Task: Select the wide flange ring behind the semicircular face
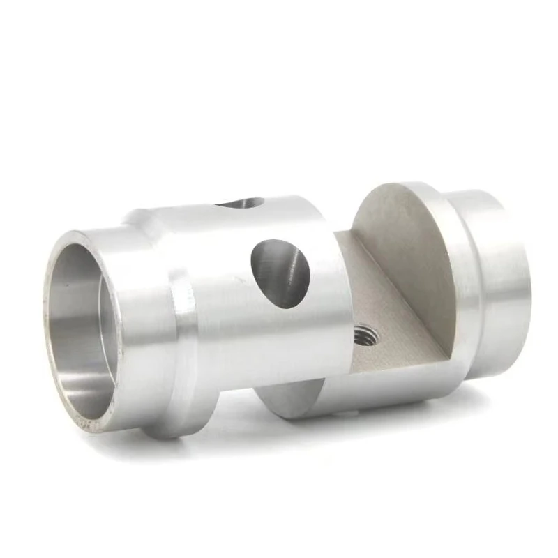pos(460,279)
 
